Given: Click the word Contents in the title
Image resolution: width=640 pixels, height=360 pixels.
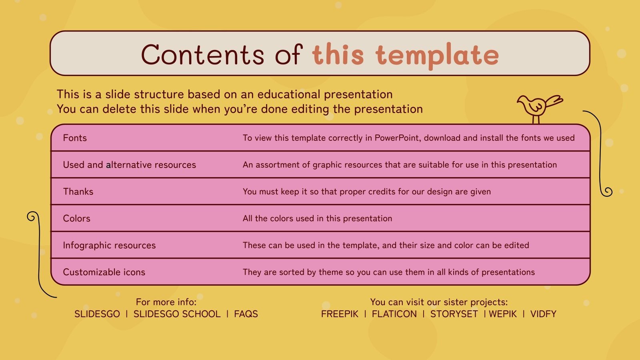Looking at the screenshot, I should pyautogui.click(x=202, y=54).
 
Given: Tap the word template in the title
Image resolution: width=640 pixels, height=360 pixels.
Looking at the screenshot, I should pyautogui.click(x=437, y=55).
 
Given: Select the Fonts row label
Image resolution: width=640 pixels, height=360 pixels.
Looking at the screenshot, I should pyautogui.click(x=75, y=138).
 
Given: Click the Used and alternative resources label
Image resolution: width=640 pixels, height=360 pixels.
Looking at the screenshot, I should pyautogui.click(x=130, y=165).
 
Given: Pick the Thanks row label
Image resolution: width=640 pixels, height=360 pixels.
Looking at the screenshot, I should pyautogui.click(x=78, y=192).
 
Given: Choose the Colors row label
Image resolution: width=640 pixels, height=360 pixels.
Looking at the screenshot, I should pyautogui.click(x=76, y=218).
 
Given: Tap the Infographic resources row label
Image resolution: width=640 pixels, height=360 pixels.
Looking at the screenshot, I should pyautogui.click(x=109, y=245).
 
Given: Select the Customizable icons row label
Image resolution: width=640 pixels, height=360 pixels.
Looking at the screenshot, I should pyautogui.click(x=104, y=272).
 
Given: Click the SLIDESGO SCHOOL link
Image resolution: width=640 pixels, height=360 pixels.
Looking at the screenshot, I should pyautogui.click(x=177, y=314).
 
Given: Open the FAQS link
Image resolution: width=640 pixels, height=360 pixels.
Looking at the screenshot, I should pyautogui.click(x=246, y=314).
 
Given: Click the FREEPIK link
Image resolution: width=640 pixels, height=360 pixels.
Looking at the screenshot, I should pyautogui.click(x=340, y=314).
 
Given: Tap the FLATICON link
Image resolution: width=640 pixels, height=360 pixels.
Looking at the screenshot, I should pyautogui.click(x=394, y=314).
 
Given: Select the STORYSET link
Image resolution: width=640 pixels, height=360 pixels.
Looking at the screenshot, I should pyautogui.click(x=454, y=314).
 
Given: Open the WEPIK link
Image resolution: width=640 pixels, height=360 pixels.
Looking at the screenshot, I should pyautogui.click(x=503, y=314).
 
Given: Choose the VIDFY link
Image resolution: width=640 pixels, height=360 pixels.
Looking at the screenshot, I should pyautogui.click(x=543, y=314).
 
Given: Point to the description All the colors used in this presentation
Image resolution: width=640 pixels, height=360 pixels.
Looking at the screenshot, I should pyautogui.click(x=317, y=218).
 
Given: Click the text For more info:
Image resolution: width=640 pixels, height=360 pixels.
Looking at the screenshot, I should pyautogui.click(x=166, y=302).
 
